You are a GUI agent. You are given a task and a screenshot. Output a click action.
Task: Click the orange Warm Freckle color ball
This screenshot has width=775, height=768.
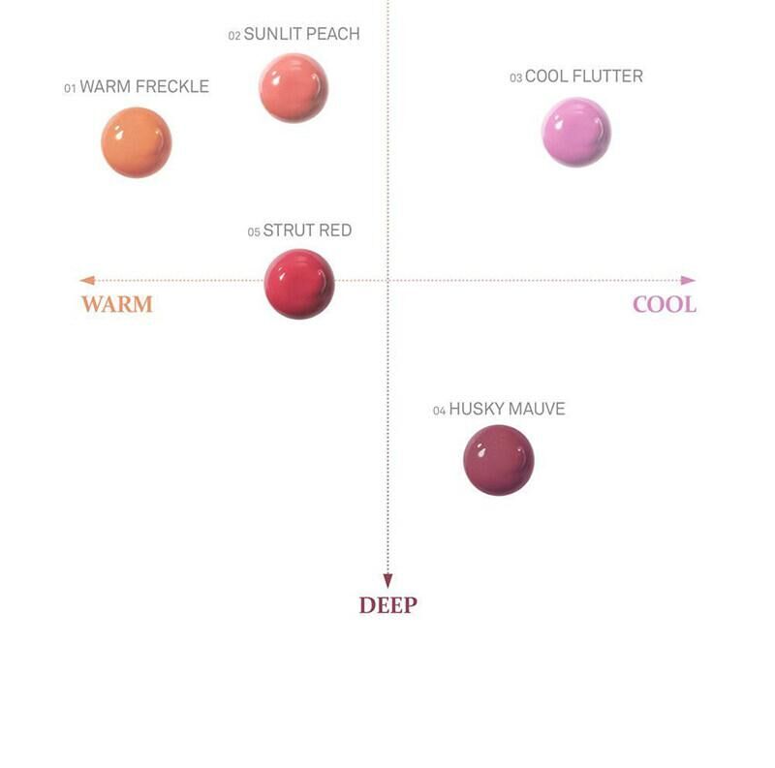pos(137,142)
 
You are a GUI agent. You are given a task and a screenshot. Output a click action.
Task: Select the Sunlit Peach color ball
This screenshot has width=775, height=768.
pos(294,88)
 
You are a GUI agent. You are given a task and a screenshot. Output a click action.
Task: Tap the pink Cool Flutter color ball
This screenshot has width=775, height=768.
pos(576,132)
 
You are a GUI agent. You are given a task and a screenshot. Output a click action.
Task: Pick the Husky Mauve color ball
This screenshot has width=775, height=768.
pos(499,459)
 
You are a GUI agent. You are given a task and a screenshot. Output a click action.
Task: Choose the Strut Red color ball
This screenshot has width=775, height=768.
pos(299,283)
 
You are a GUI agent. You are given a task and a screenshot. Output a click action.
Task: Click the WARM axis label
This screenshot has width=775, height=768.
pos(117,304)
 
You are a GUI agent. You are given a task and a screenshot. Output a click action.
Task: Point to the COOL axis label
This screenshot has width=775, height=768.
pos(665,304)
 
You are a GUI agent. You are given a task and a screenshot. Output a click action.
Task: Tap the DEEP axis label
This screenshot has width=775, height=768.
pos(387,605)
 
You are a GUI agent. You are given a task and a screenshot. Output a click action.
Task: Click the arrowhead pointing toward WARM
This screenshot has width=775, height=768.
pos(86,280)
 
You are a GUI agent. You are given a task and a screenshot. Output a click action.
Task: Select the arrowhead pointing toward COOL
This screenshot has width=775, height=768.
pos(688,280)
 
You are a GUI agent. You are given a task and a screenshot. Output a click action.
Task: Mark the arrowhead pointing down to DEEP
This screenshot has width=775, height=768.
pos(387,580)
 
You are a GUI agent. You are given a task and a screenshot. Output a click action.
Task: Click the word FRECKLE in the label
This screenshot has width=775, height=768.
pos(174,87)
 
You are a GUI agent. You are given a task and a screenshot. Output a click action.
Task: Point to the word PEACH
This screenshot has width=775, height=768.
pos(333,34)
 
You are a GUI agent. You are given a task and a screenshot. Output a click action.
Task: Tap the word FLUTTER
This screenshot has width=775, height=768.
pos(608,77)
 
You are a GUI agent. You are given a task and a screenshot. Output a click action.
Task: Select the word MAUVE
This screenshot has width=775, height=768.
pos(537,410)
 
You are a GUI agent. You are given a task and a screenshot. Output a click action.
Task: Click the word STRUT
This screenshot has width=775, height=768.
pos(284,231)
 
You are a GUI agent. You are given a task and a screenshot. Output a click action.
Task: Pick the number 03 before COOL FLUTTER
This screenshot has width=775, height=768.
pos(516,78)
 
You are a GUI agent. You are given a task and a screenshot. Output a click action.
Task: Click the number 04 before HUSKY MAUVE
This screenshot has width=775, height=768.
pos(439,412)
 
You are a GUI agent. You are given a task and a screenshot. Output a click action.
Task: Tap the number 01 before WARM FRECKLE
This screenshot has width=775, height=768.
pos(70,89)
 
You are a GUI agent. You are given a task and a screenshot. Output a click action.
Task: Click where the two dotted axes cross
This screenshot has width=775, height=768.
pos(387,280)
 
